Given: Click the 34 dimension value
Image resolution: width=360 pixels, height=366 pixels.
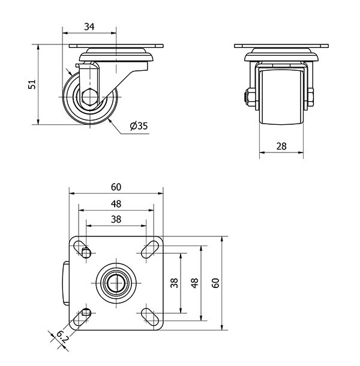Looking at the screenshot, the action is (89, 26).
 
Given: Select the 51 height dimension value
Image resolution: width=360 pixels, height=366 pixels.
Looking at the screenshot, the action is (32, 84).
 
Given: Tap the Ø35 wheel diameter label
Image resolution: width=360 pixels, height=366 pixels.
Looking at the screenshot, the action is (139, 126).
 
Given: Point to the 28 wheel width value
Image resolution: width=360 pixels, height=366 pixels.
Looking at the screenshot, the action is (281, 146).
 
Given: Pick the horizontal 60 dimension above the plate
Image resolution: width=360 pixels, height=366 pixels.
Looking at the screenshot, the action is (116, 187).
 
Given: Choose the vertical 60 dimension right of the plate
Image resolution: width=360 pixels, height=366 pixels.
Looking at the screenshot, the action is (215, 283).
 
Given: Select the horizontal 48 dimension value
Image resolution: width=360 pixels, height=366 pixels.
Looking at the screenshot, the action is (116, 204).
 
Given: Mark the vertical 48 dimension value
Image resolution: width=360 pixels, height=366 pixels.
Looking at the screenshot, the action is (194, 283).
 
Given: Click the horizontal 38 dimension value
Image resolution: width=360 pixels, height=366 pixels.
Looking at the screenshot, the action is (116, 220).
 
